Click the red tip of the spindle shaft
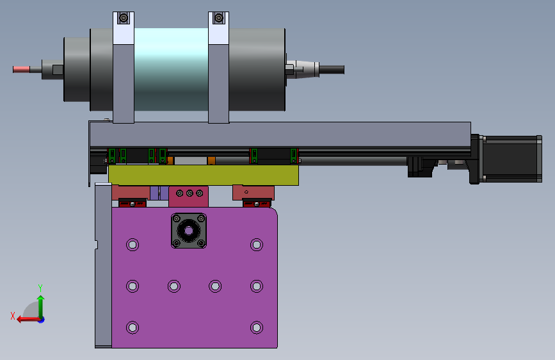point(21,69)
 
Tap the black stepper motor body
point(512,159)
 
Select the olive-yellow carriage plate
point(204,175)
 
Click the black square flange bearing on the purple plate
point(189,231)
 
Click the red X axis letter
point(13,316)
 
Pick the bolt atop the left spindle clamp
point(124,18)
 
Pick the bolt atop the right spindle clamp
point(219,18)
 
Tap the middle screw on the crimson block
point(189,193)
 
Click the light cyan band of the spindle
point(171,69)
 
